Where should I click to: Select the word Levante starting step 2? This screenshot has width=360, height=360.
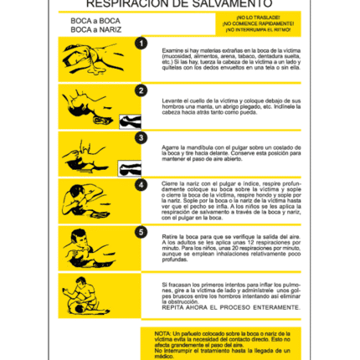pos(172,99)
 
